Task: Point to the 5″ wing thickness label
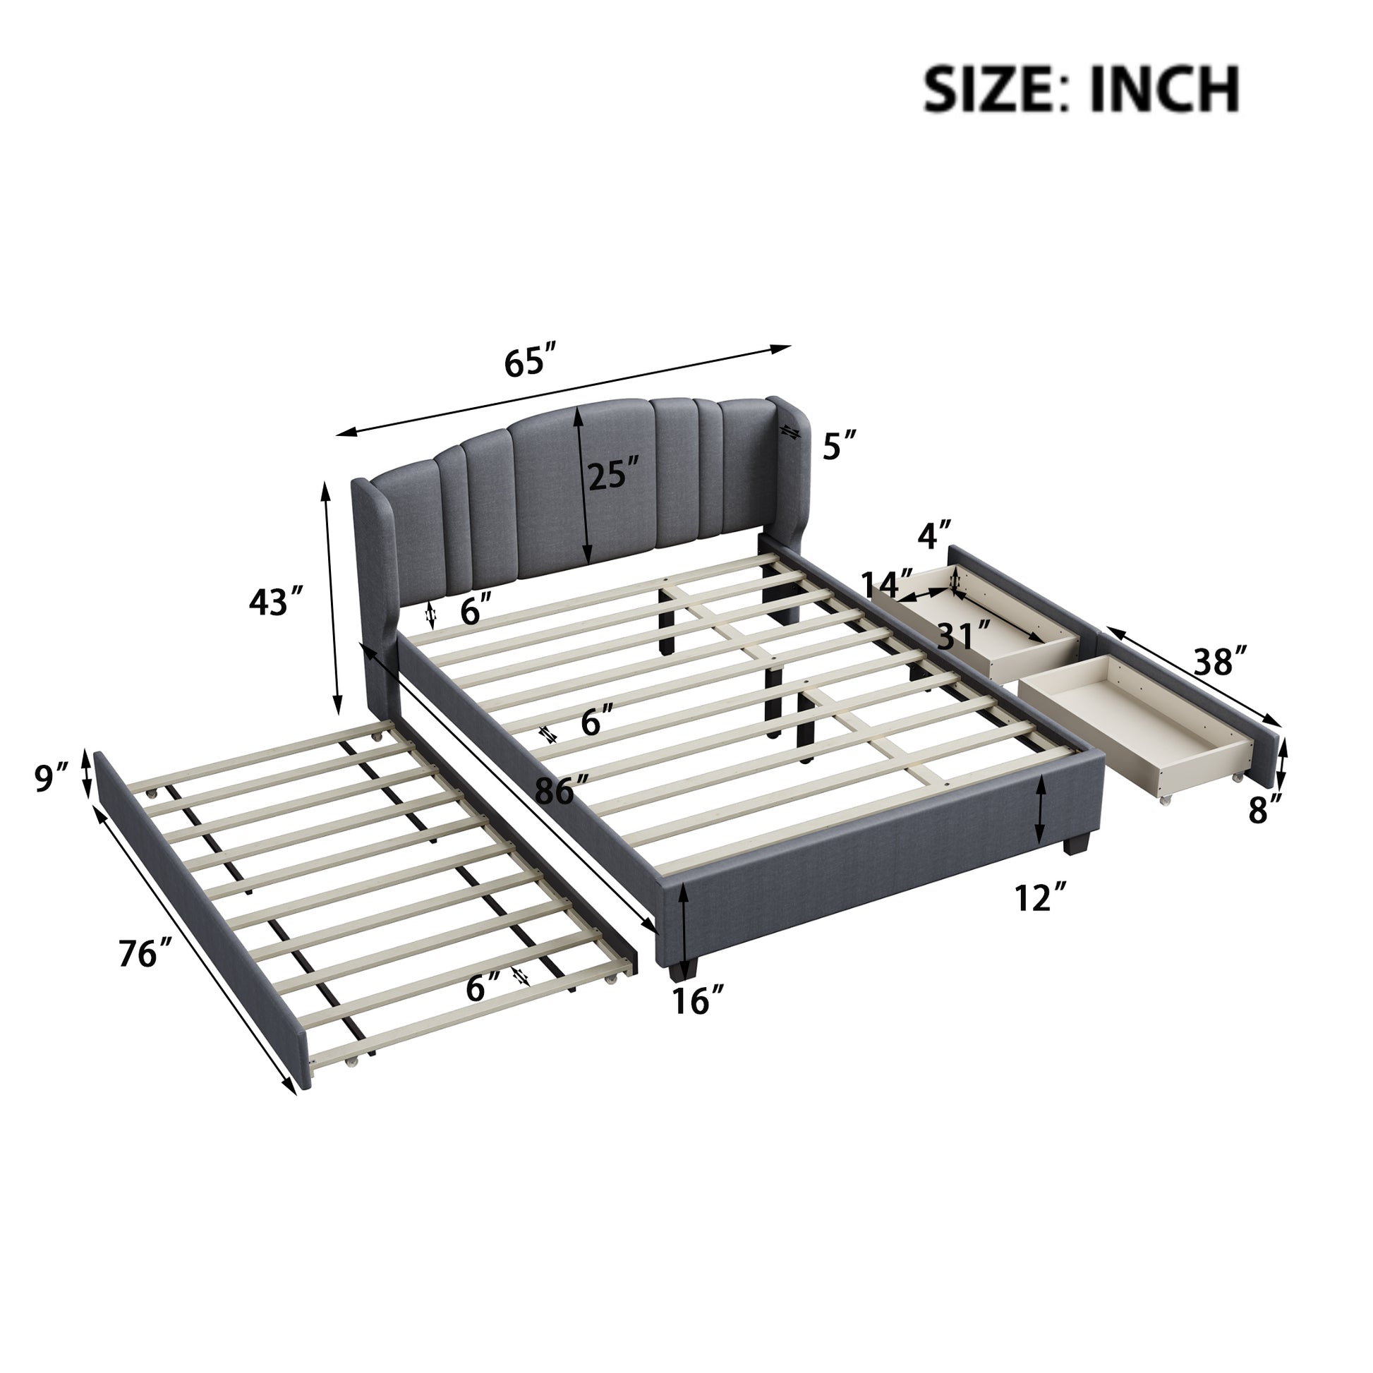840,447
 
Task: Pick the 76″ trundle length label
146,954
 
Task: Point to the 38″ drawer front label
1220,662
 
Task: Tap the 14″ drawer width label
887,584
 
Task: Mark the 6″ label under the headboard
476,611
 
